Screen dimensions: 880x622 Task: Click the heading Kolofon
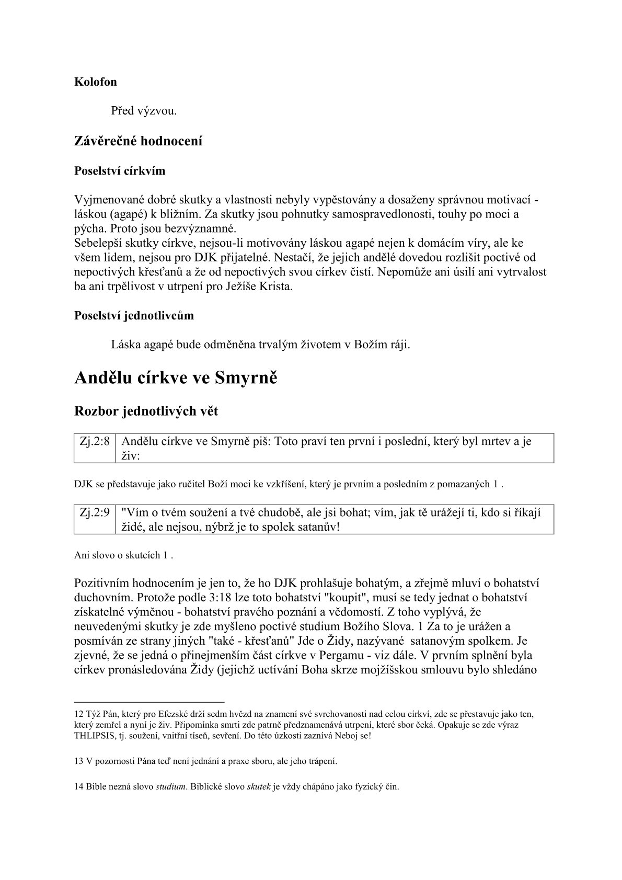click(96, 82)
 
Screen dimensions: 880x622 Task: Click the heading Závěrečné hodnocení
click(139, 141)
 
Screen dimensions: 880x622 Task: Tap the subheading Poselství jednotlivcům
click(134, 316)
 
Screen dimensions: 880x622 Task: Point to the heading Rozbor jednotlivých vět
click(146, 412)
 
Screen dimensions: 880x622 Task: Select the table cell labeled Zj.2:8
click(95, 441)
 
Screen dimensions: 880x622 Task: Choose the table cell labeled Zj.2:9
click(95, 512)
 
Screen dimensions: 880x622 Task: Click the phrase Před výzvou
click(144, 111)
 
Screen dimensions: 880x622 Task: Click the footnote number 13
click(79, 761)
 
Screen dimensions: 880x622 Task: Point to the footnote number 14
click(79, 786)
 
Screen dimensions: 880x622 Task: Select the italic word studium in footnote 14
click(171, 786)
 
